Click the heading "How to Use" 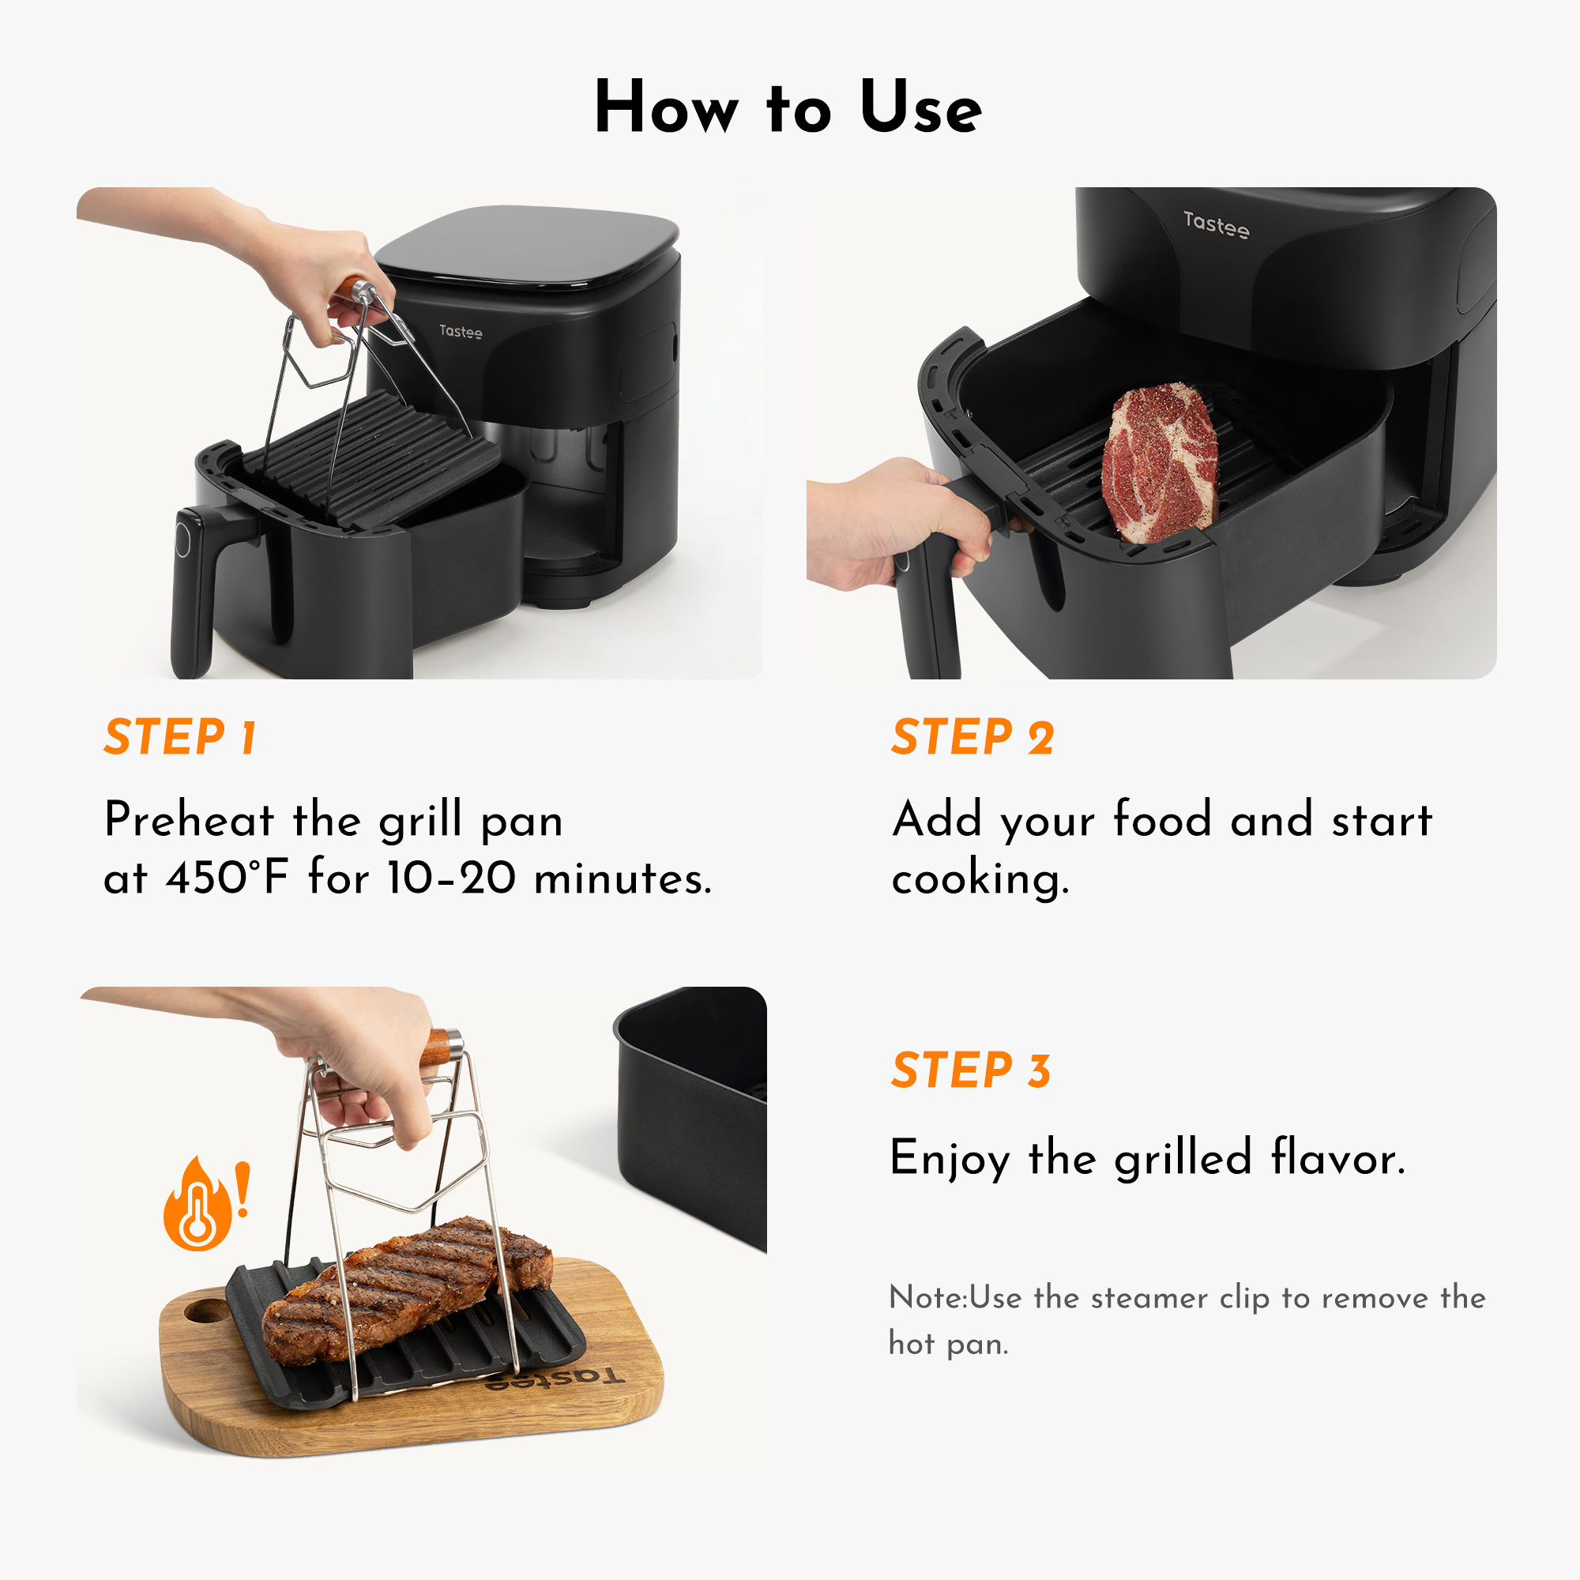tap(788, 108)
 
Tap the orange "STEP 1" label tap(181, 737)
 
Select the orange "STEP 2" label tap(972, 737)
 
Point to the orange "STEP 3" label tap(971, 1070)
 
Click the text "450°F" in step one tap(227, 878)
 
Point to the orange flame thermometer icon tap(197, 1207)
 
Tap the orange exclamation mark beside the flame tap(242, 1190)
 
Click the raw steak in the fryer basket tap(1160, 463)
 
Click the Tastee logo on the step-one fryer tap(461, 331)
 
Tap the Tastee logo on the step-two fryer tap(1216, 224)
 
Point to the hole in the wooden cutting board tap(205, 1311)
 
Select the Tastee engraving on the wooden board tap(555, 1379)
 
